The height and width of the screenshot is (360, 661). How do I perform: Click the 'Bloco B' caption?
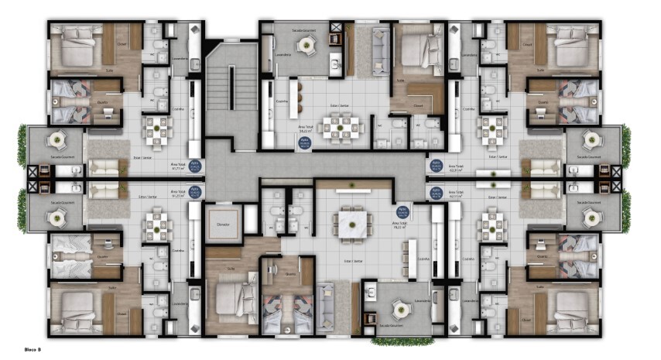coord(33,350)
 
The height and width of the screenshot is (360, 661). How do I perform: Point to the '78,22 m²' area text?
coord(402,227)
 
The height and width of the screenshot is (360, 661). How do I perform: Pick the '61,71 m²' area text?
coord(178,165)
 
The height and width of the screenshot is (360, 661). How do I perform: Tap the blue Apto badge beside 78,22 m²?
coord(402,211)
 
